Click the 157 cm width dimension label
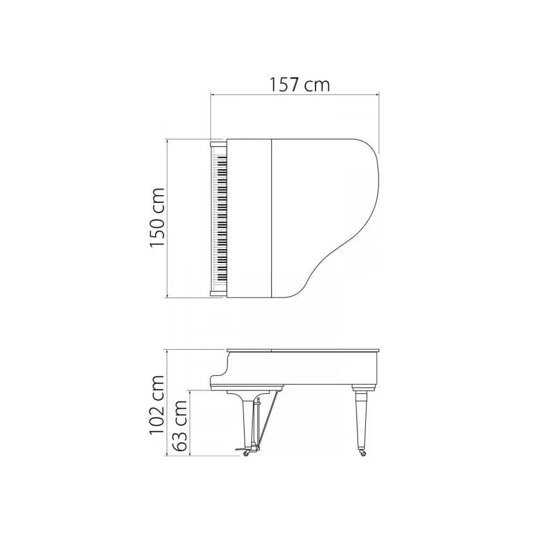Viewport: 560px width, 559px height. point(299,85)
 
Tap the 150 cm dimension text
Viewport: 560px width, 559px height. point(157,217)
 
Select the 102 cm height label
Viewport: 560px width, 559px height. point(157,405)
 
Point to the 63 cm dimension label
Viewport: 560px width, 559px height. point(179,425)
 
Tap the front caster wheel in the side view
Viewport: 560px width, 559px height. point(246,453)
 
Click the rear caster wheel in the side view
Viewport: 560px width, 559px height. point(363,453)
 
